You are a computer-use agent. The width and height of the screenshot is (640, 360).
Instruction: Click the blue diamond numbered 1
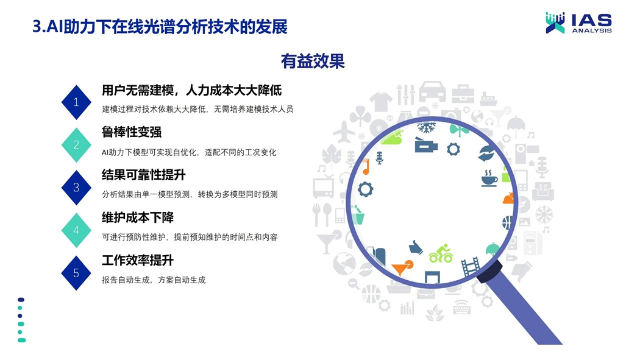tap(76, 102)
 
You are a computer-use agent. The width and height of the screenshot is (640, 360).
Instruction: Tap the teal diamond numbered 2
tap(76, 145)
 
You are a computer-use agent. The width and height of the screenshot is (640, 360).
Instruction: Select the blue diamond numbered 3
tap(76, 188)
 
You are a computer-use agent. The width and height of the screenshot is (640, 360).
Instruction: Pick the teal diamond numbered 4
tap(76, 230)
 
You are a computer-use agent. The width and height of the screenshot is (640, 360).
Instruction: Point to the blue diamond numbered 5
tap(76, 273)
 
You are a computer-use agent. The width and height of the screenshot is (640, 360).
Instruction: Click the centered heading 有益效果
tap(313, 61)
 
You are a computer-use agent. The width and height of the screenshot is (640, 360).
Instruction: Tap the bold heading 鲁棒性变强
tap(132, 132)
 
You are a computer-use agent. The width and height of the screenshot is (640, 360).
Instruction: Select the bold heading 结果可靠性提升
tap(144, 175)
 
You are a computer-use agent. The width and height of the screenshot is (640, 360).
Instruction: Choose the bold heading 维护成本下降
tap(138, 217)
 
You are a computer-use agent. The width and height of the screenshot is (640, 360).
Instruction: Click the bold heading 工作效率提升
tap(138, 261)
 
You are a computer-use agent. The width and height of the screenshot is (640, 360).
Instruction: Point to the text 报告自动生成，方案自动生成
tap(154, 280)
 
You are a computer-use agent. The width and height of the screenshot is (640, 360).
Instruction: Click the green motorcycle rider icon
tap(441, 253)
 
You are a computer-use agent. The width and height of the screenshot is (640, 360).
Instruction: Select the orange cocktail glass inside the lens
tap(402, 267)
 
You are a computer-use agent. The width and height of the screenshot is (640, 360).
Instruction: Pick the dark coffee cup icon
tap(489, 178)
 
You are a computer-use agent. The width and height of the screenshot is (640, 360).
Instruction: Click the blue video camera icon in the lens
tap(425, 146)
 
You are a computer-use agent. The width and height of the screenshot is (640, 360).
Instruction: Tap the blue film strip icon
tap(471, 266)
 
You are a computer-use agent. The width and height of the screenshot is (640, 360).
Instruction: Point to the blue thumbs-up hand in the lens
tap(416, 247)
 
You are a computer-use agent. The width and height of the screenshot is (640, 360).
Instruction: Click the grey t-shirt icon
tap(381, 101)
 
